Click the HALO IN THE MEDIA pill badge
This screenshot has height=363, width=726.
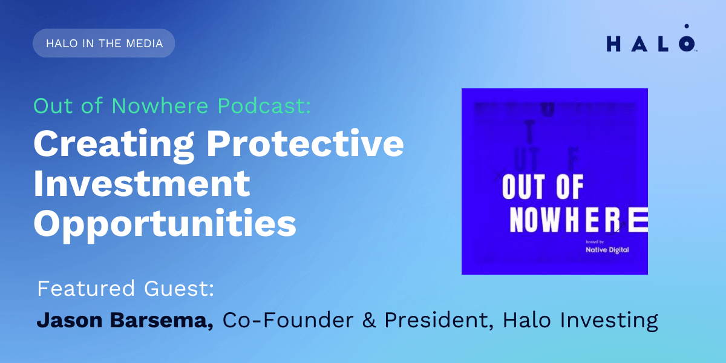tap(104, 44)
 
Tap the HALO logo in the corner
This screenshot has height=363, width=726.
tap(651, 44)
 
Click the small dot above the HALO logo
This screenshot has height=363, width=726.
tap(686, 27)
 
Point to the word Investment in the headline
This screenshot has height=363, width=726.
tap(142, 183)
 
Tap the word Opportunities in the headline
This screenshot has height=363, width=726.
tap(165, 224)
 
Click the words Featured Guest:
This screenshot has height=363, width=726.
tap(125, 289)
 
